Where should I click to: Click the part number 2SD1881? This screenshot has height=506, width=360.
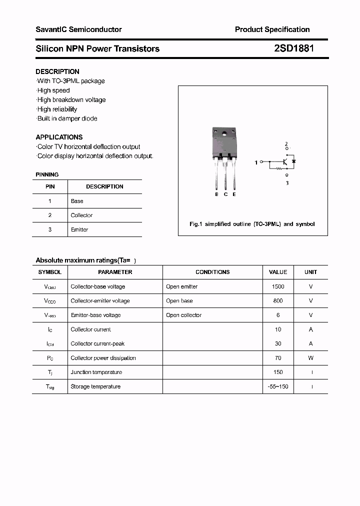point(294,48)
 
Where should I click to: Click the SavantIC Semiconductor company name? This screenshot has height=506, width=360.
point(78,29)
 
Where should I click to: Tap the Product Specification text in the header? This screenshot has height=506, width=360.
point(272,29)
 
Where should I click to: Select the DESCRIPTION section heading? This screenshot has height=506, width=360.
point(57,71)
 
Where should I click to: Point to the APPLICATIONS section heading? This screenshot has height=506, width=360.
point(59,137)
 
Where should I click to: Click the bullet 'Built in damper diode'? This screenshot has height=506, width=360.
point(67,118)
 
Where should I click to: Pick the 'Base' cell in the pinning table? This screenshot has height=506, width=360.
point(77,201)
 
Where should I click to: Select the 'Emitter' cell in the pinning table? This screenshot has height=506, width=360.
point(79,229)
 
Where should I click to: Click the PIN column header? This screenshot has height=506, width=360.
point(50,186)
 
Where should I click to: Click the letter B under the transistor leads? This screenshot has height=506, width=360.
point(216,194)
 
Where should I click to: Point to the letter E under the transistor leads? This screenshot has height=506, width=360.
point(234,194)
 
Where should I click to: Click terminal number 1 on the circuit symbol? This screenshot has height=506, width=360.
point(256,162)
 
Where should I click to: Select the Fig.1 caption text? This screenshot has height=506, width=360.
point(252,224)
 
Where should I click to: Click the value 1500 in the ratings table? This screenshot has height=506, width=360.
point(278,286)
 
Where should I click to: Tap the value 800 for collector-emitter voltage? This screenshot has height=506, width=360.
point(278,301)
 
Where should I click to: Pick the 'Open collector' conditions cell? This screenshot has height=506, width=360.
point(183,315)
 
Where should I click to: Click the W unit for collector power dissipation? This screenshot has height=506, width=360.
point(310,358)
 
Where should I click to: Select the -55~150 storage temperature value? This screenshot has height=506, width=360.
point(278,386)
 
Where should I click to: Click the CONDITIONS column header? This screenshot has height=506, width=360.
point(212,272)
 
